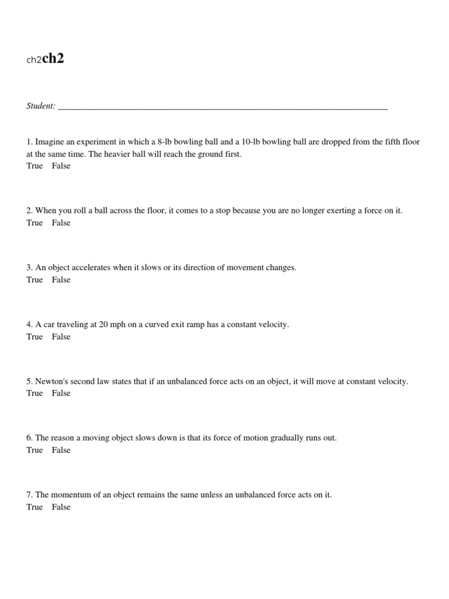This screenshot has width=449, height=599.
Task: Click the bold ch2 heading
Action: [53, 59]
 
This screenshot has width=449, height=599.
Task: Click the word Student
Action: [40, 106]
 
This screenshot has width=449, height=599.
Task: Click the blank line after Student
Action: [223, 107]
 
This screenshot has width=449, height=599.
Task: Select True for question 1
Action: [34, 166]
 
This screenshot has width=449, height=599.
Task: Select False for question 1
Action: [61, 166]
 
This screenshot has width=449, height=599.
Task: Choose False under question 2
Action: [61, 223]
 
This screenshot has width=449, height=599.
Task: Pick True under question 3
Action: [34, 280]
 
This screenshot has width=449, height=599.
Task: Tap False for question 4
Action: [61, 336]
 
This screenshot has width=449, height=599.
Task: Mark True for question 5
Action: [34, 393]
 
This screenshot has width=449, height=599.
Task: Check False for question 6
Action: [61, 450]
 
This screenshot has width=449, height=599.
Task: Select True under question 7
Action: [34, 507]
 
